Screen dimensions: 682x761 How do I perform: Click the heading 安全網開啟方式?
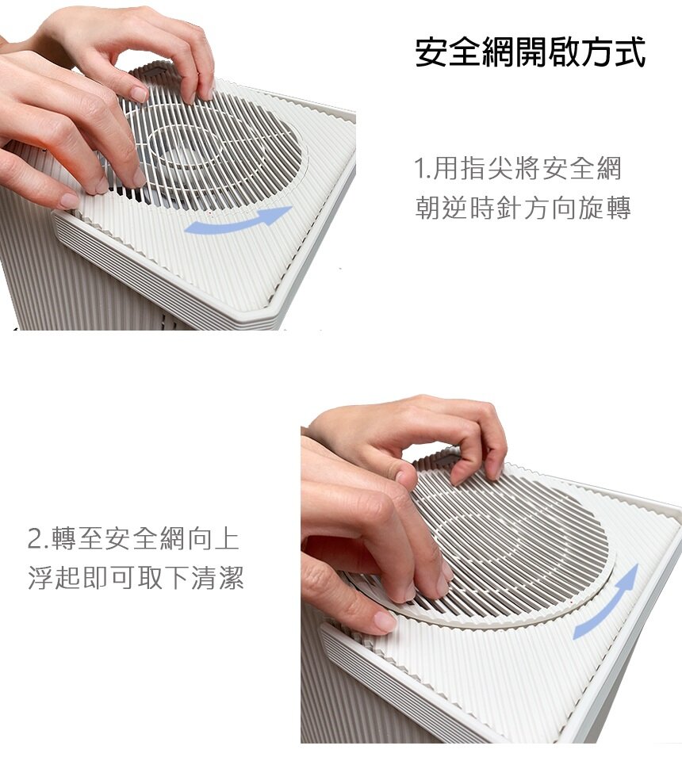[x=531, y=52]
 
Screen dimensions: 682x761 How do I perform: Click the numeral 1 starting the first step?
[x=420, y=168]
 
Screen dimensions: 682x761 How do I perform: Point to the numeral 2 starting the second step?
[x=36, y=539]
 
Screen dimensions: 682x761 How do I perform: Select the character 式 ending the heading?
[x=630, y=52]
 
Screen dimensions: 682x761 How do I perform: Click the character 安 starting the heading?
[x=432, y=52]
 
